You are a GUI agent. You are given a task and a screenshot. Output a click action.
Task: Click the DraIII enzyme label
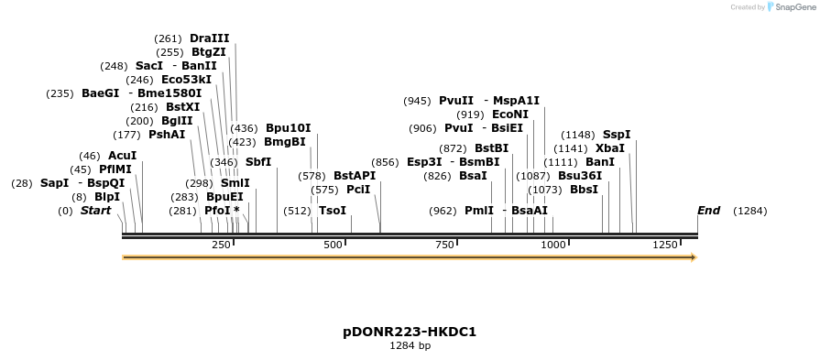point(209,38)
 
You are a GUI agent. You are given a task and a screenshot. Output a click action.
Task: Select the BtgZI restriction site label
point(208,52)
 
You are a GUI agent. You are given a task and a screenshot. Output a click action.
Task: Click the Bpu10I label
point(288,128)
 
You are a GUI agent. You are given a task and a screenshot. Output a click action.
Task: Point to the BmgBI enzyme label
point(284,142)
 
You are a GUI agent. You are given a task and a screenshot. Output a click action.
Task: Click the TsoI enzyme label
point(333,211)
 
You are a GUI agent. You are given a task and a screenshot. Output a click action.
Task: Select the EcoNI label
point(508,115)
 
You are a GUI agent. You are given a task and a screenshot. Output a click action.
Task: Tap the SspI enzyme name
point(616,135)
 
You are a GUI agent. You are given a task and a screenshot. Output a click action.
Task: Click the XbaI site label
point(610,148)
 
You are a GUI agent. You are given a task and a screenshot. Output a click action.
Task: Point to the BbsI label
point(584,190)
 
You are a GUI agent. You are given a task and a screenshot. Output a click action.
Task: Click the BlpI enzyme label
point(107,196)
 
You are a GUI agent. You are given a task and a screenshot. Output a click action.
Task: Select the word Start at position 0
point(95,211)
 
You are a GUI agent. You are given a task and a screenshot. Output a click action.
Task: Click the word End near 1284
point(708,211)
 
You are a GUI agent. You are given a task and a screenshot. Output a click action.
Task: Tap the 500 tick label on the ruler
point(333,245)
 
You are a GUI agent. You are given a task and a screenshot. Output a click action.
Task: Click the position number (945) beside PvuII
point(417,101)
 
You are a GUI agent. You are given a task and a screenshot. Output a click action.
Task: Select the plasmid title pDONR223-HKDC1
point(410,332)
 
